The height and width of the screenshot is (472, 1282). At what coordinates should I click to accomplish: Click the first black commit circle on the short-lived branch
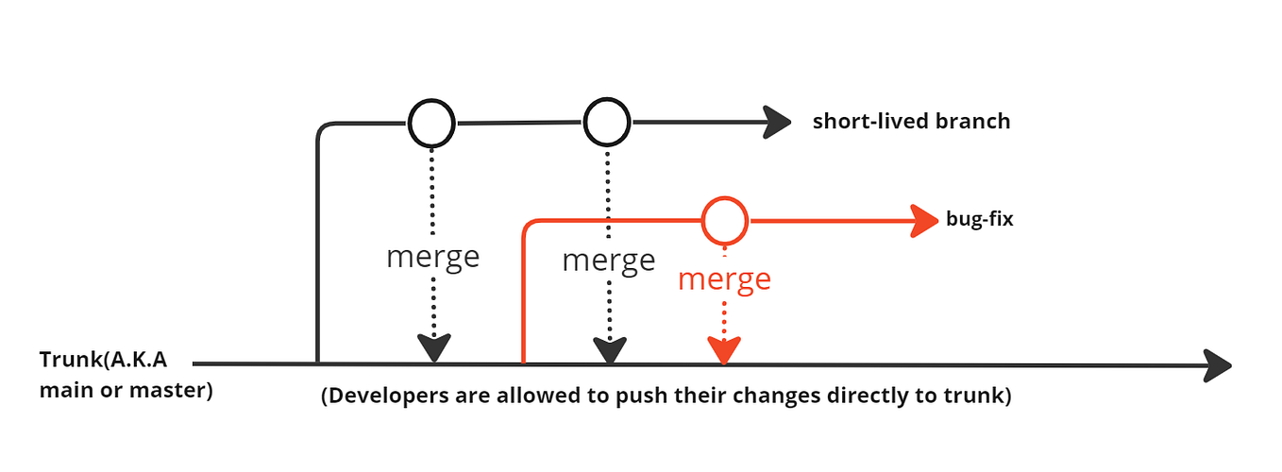coord(431,122)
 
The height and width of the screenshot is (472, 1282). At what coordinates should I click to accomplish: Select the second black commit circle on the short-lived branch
coord(606,121)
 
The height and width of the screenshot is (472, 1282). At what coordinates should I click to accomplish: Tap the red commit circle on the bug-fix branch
coord(724,221)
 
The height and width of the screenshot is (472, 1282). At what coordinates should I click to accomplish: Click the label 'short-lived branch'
coord(911,122)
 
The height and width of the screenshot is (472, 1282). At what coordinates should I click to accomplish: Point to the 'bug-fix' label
coord(979,220)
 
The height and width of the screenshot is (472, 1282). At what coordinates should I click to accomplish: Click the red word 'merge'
coord(724,279)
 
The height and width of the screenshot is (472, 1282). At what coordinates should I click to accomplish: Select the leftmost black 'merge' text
coord(432,257)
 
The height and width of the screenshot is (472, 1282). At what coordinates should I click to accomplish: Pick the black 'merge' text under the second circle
coord(608,261)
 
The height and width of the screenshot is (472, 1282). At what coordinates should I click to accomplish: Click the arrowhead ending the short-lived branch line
coord(777,122)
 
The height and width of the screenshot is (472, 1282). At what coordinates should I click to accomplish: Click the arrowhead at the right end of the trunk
coord(1219,364)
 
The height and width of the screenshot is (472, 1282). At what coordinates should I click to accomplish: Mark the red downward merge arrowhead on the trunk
coord(724,351)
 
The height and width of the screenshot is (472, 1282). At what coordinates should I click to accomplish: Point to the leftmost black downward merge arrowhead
coord(433,349)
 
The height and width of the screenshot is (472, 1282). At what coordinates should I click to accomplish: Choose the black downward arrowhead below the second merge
coord(609,351)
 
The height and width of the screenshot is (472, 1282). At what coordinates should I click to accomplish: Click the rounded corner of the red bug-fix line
coord(530,227)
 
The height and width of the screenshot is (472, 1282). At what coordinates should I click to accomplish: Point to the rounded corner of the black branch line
coord(324,128)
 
